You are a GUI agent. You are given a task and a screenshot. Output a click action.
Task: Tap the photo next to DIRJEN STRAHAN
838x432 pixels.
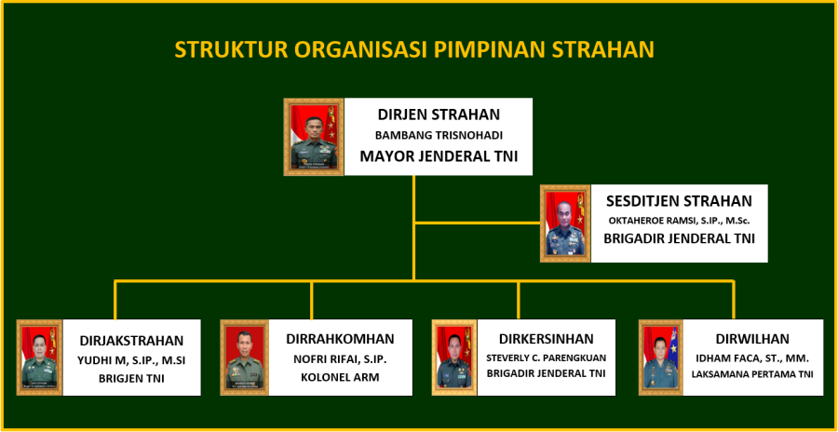(x=314, y=137)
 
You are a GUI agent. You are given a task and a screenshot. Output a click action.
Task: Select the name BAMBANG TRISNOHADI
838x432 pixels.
(x=439, y=135)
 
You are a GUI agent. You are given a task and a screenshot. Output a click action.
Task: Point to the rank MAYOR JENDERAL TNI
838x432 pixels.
(x=439, y=156)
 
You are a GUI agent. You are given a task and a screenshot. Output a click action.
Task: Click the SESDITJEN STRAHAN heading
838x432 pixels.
(x=680, y=201)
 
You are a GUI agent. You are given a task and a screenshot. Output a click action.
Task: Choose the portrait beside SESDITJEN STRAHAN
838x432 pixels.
(x=565, y=223)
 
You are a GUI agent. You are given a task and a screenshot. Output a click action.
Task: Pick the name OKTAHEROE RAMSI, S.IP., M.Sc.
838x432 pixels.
(x=680, y=221)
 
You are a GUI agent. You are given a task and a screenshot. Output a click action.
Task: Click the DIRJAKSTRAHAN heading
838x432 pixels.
(x=131, y=341)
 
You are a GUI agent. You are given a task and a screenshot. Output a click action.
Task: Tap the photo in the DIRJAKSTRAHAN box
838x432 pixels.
(x=39, y=358)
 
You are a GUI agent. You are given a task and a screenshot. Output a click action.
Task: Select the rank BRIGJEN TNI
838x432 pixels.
(x=131, y=379)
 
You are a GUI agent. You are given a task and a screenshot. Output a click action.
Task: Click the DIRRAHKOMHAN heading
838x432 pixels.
(x=340, y=339)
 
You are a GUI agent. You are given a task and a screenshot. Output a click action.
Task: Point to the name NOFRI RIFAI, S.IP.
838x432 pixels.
(x=340, y=358)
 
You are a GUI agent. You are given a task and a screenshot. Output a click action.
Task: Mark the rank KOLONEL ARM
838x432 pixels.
(x=340, y=377)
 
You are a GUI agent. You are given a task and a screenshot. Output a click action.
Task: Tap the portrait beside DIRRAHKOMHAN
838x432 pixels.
(x=244, y=358)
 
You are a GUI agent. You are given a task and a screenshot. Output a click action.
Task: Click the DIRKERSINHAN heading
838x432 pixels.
(x=547, y=339)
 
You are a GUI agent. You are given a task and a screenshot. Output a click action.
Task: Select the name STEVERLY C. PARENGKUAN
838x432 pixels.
(x=547, y=358)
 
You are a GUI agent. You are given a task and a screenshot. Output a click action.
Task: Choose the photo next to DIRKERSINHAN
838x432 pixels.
(x=454, y=358)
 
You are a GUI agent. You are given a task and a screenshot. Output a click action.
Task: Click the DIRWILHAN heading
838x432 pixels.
(x=752, y=339)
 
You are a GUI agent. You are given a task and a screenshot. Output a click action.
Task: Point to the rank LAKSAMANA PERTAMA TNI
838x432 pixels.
(x=752, y=375)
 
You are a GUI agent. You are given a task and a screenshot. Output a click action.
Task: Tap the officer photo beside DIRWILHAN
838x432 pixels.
(x=660, y=358)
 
